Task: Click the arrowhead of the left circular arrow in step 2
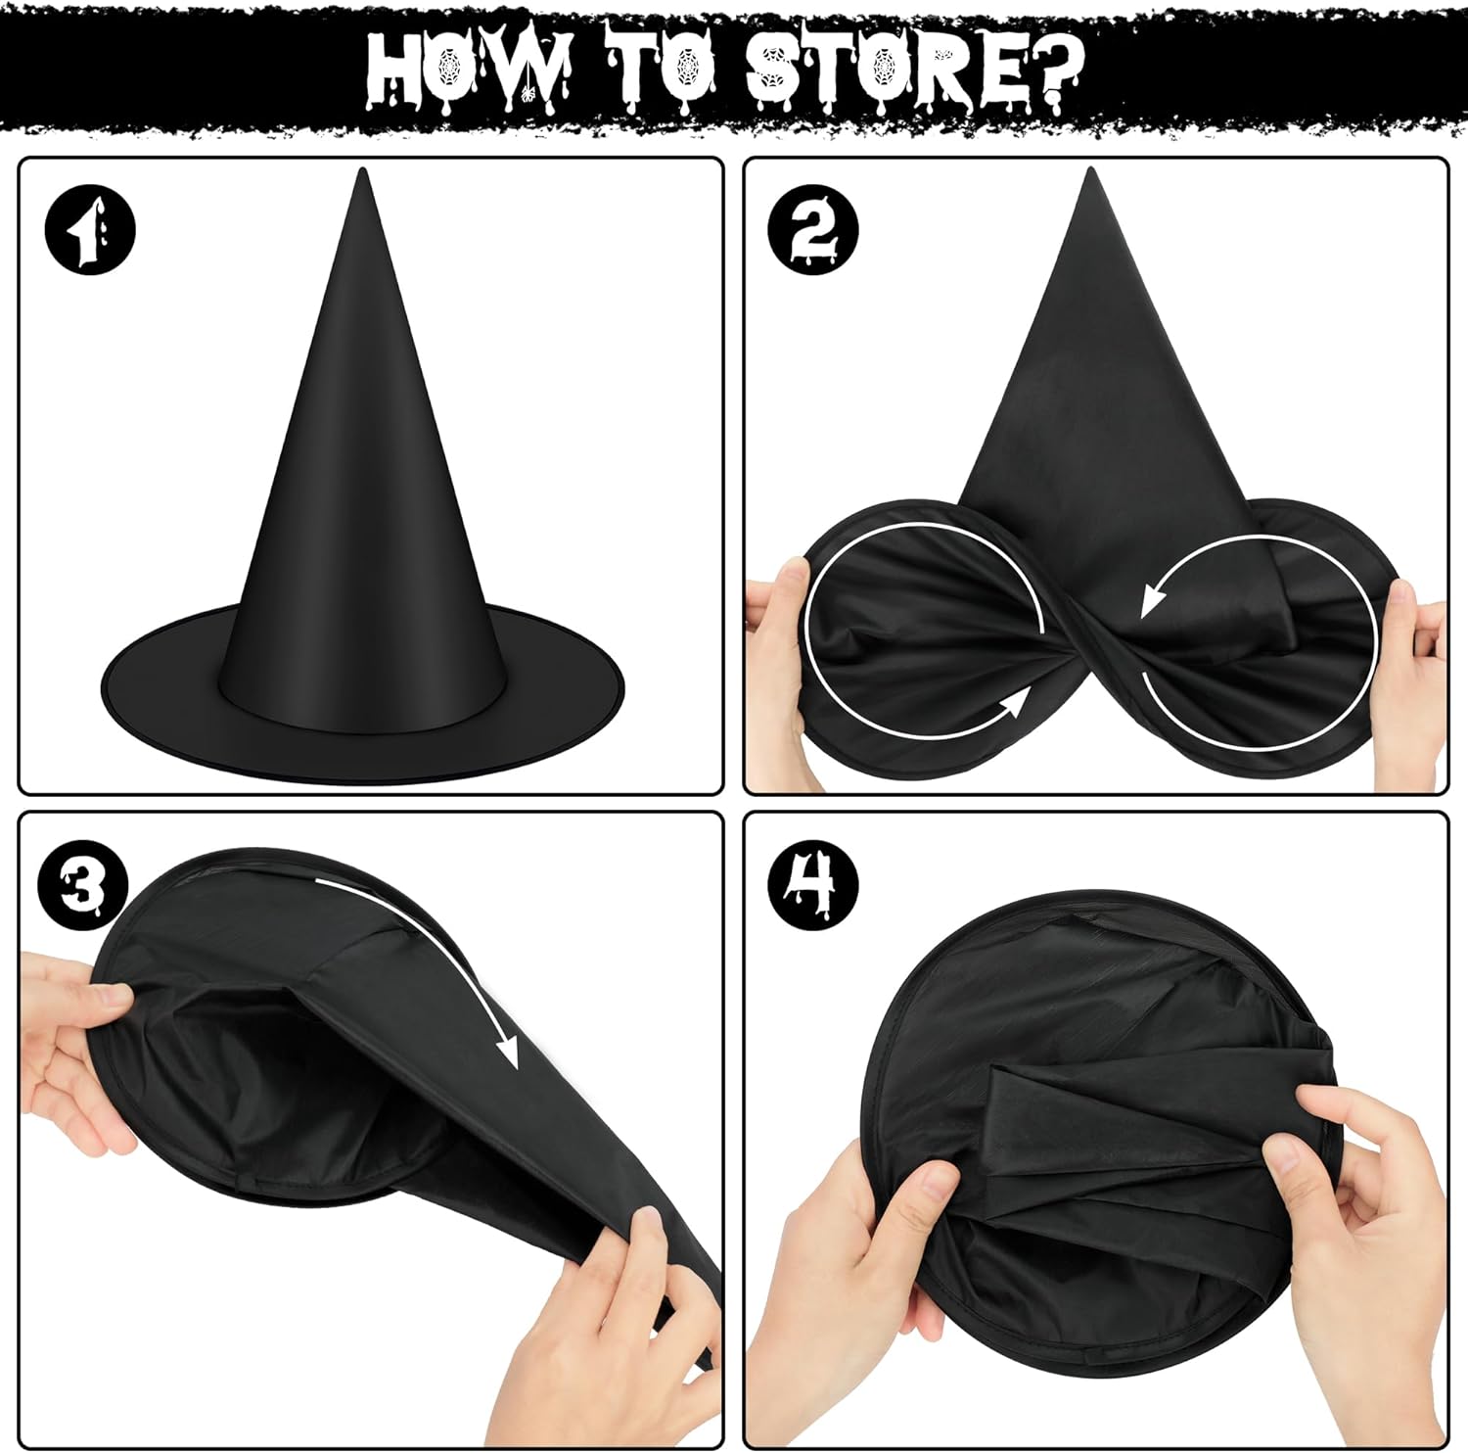[x=1019, y=701]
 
